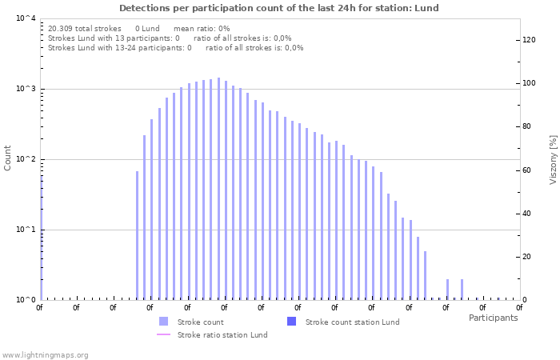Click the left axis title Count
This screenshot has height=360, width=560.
[x=8, y=158]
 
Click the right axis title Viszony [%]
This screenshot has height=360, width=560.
[x=553, y=159]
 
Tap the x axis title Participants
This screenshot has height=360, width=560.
[x=493, y=318]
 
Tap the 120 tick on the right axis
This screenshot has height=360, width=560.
[x=528, y=40]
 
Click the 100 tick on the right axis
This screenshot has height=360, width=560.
[x=528, y=83]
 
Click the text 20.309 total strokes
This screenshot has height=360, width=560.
[x=85, y=28]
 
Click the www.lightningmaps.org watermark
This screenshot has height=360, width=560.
[x=46, y=354]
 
